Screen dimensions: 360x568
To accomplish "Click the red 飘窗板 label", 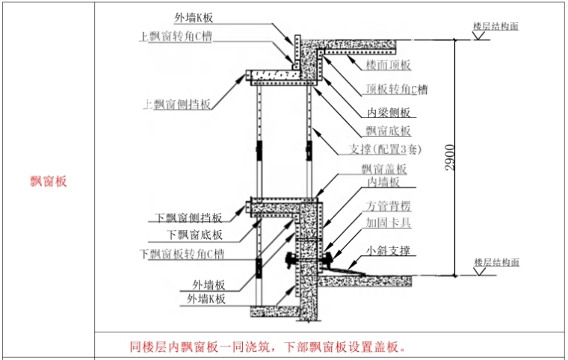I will point(48,181).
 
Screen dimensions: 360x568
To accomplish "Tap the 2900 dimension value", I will point(449,155).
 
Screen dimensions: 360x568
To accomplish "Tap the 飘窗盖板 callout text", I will point(383,169).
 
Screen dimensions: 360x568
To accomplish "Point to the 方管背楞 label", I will point(388,206).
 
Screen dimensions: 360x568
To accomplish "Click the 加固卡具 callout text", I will point(388,223).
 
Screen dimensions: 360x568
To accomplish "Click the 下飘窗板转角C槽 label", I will point(182,254).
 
